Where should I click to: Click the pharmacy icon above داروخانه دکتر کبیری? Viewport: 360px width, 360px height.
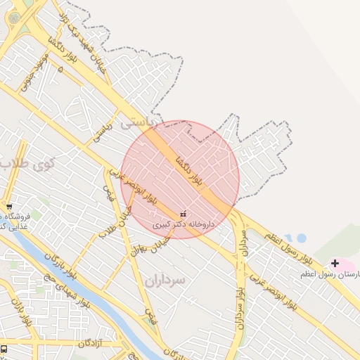click(184, 213)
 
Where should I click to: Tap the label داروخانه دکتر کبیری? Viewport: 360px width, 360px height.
click(184, 224)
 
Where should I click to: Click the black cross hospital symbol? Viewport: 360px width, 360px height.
click(335, 263)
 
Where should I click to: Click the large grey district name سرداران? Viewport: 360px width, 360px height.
click(165, 280)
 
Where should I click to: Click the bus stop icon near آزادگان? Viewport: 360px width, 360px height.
click(4, 349)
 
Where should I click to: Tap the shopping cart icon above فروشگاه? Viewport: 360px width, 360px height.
click(9, 207)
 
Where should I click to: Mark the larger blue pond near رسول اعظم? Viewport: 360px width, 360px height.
click(301, 238)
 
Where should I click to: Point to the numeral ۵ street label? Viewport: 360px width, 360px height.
click(60, 69)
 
